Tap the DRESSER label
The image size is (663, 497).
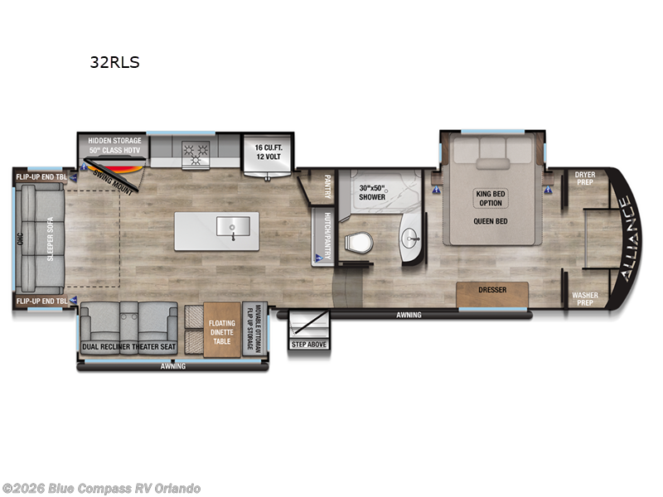click(491, 291)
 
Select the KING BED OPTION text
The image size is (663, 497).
click(490, 198)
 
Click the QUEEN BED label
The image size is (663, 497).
click(490, 221)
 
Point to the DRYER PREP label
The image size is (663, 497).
click(585, 178)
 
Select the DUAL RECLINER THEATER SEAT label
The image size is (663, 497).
click(129, 346)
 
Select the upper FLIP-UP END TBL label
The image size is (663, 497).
click(41, 176)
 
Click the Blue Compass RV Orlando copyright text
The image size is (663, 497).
click(101, 488)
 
